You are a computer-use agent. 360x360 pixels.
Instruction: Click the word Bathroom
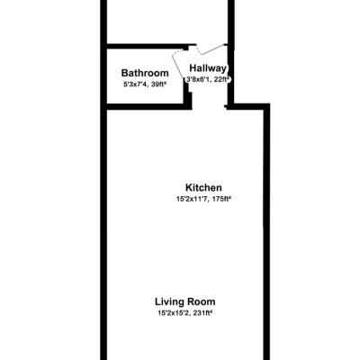click(x=145, y=73)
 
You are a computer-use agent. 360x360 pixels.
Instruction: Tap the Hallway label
click(x=208, y=67)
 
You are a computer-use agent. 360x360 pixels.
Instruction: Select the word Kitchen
click(x=203, y=187)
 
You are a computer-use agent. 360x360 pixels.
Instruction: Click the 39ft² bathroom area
click(x=160, y=85)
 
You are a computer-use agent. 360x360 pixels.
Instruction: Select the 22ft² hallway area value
click(x=222, y=79)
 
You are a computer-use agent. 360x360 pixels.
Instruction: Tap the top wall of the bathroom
click(x=144, y=45)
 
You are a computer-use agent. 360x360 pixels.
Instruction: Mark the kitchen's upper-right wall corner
click(x=267, y=106)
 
